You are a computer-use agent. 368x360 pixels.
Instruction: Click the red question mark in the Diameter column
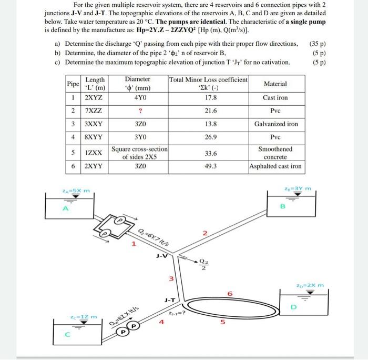139,111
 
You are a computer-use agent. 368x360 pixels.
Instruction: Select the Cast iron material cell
275,97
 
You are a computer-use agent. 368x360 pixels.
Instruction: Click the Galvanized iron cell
275,124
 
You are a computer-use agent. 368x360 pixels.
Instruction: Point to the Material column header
275,84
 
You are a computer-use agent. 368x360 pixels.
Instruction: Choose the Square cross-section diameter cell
139,153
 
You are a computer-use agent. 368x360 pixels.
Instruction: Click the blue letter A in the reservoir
66,208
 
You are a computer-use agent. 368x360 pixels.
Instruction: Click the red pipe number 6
229,293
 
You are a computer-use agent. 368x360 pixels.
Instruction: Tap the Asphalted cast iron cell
275,166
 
